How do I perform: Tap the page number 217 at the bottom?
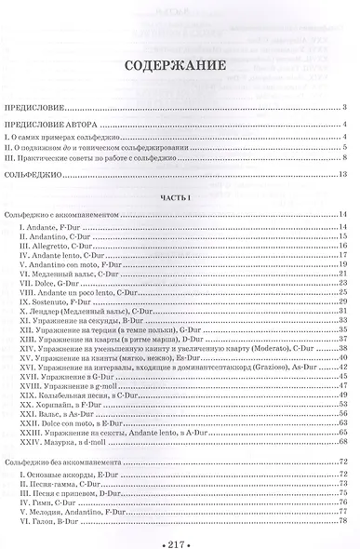180,539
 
